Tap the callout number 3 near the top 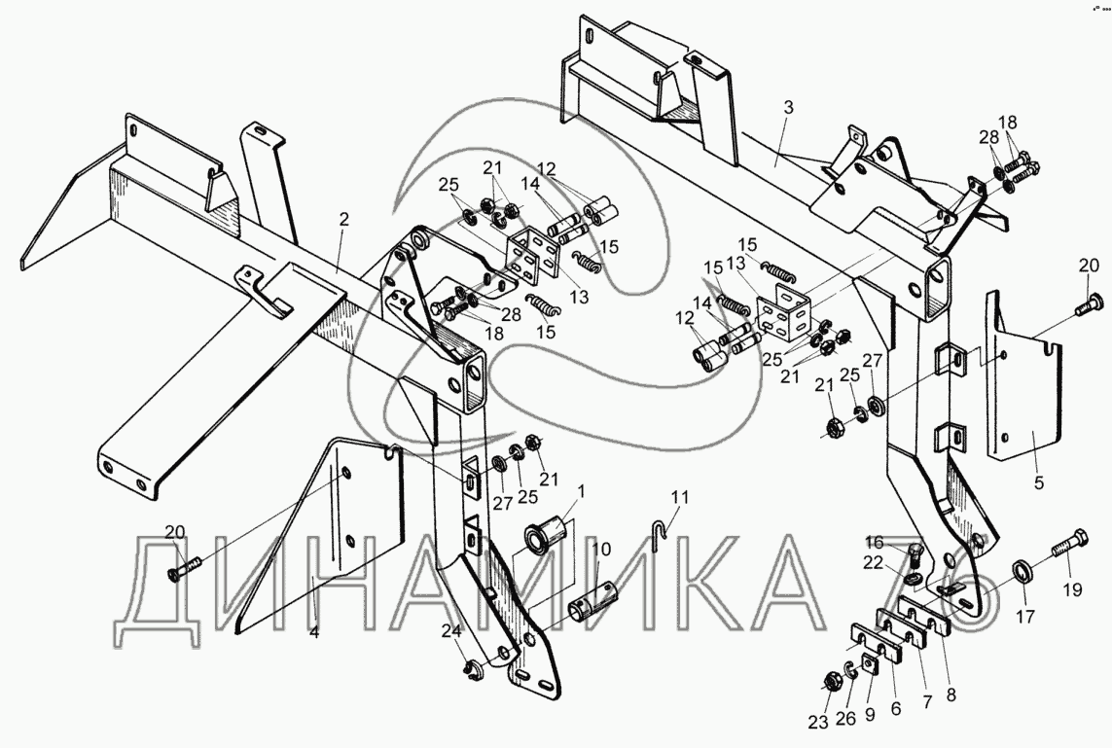click(x=788, y=108)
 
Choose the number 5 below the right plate click(x=1039, y=481)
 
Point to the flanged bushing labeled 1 click(x=541, y=537)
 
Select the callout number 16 click(x=874, y=542)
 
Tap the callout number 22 click(x=874, y=562)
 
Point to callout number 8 click(x=950, y=695)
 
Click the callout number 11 click(x=678, y=497)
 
